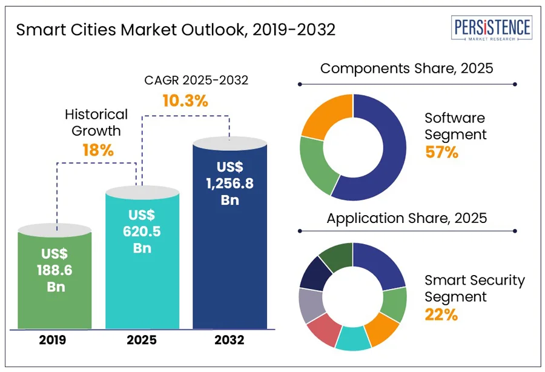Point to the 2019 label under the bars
point(54,340)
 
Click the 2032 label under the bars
point(230,340)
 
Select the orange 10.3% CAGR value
point(185,101)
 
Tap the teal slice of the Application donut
point(352,339)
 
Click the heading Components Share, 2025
point(406,68)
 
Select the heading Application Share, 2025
point(406,218)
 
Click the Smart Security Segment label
point(474,288)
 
